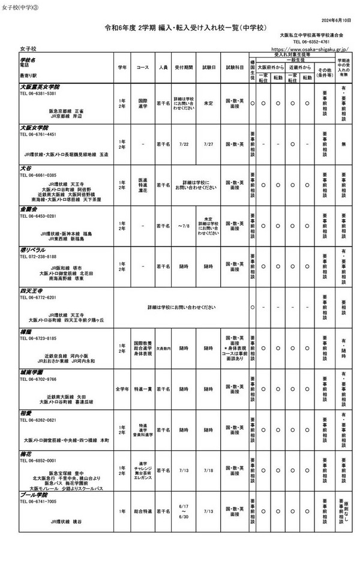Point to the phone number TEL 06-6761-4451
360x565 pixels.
(38, 134)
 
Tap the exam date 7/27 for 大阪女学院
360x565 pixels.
(208, 144)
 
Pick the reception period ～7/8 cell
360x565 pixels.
(184, 226)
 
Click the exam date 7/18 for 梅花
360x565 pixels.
(208, 470)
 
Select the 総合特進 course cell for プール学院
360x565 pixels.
(143, 511)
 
